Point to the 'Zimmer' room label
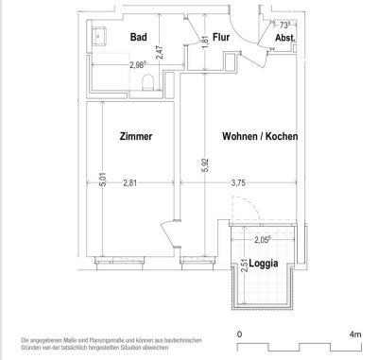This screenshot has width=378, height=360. pyautogui.click(x=133, y=136)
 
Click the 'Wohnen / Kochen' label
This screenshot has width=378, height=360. pyautogui.click(x=260, y=136)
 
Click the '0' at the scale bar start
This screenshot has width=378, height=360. pyautogui.click(x=241, y=334)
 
